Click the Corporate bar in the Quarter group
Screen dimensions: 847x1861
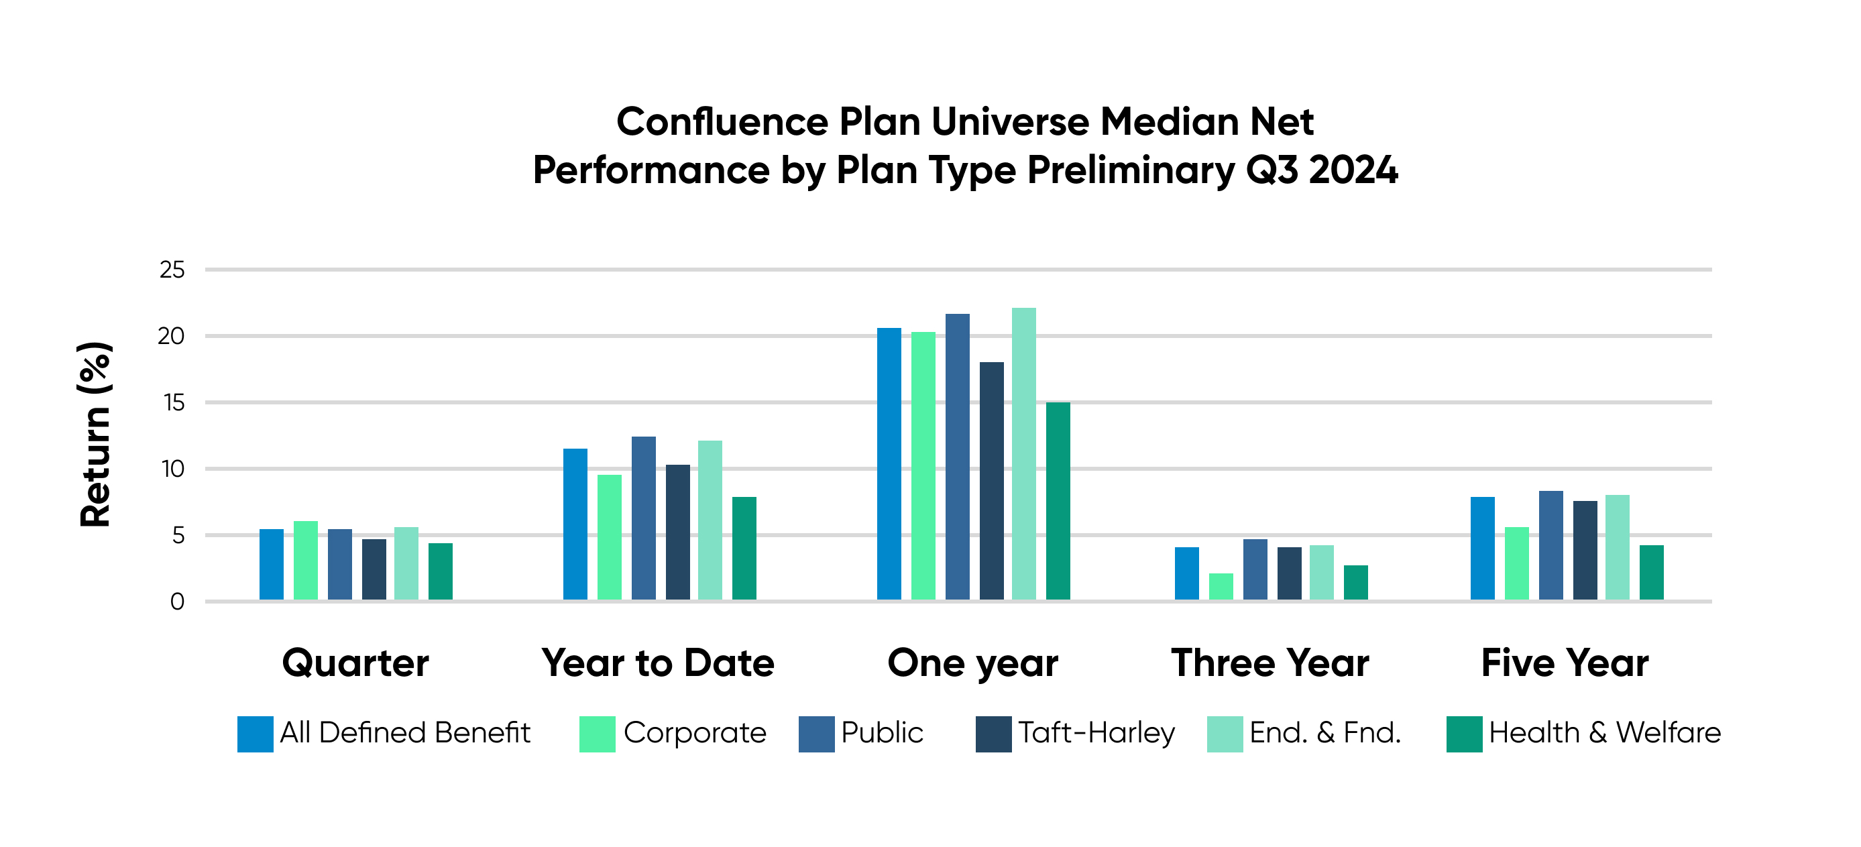306,560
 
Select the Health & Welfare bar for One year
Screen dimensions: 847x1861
1058,501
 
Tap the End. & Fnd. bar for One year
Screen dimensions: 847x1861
1023,454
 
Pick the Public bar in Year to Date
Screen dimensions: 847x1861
644,518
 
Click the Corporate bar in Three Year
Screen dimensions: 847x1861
1221,586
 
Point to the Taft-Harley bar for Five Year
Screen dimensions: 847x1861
1585,550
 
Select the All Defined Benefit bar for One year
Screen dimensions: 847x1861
889,464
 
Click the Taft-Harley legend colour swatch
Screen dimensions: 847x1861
993,734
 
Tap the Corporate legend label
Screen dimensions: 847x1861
694,733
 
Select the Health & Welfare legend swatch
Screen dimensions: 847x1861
1465,734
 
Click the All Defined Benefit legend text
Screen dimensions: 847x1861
405,733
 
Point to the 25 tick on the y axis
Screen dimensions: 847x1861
172,270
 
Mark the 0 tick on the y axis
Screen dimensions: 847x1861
177,602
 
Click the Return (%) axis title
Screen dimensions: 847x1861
95,434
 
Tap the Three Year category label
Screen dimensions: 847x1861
1270,663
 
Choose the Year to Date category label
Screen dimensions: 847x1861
657,663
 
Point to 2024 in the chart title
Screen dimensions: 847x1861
1353,170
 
